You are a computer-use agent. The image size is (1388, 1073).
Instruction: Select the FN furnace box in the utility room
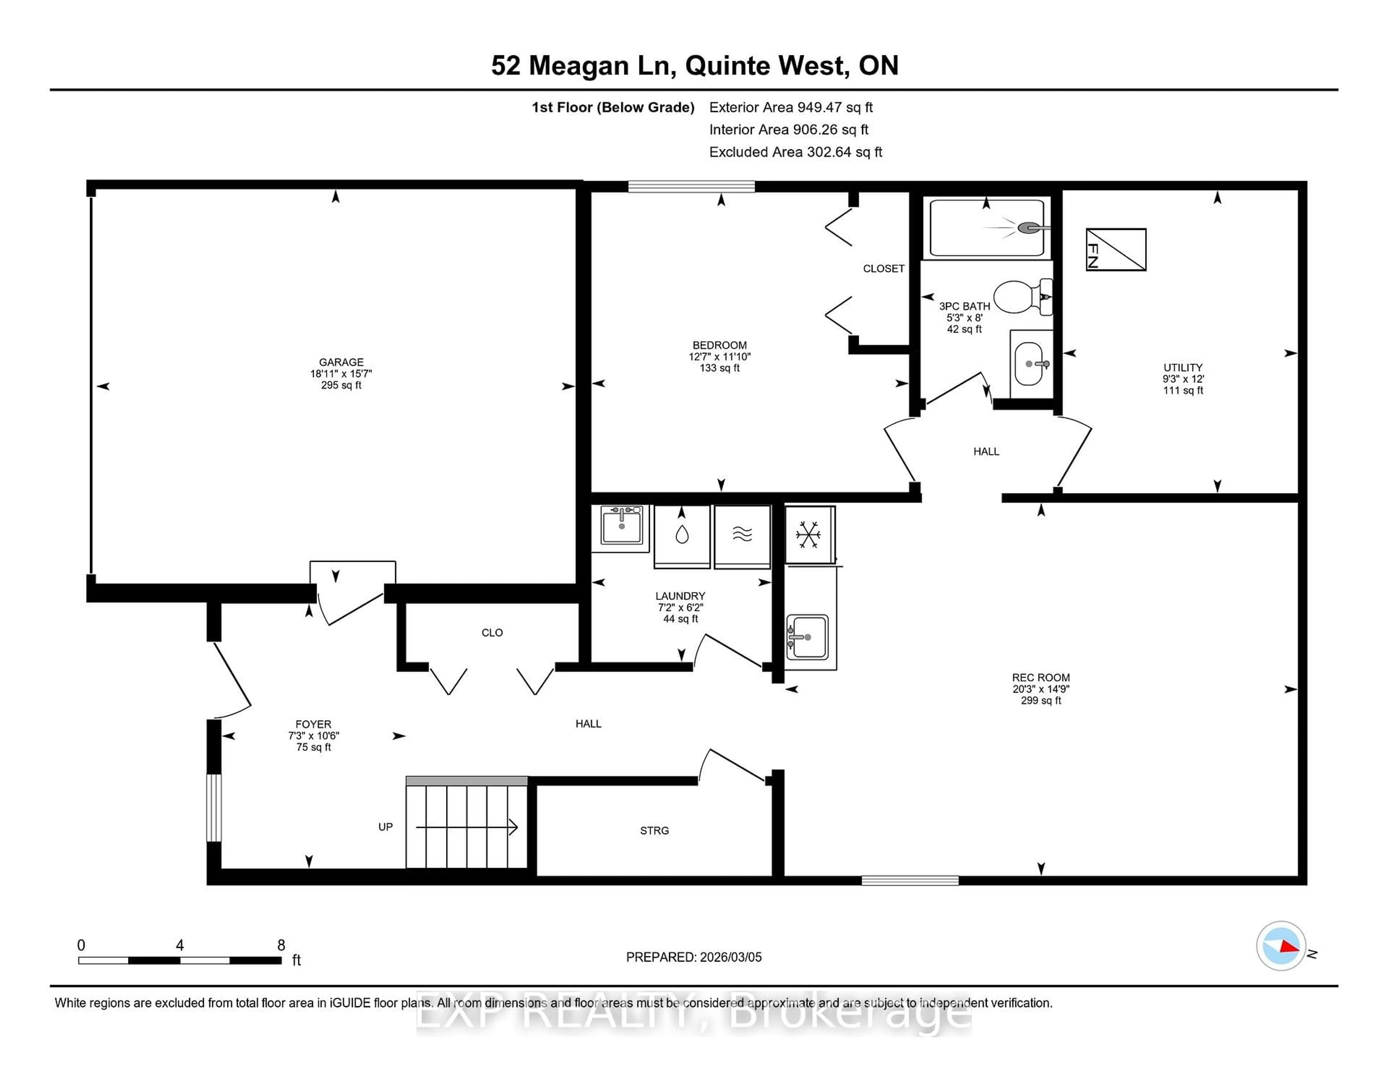pyautogui.click(x=1115, y=249)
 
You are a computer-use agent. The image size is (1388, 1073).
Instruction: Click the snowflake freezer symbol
pyautogui.click(x=808, y=535)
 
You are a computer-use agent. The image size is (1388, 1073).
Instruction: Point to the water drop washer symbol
pyautogui.click(x=682, y=535)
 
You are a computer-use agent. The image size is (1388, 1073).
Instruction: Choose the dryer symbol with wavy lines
pyautogui.click(x=742, y=535)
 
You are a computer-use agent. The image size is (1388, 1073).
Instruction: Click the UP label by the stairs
pyautogui.click(x=385, y=826)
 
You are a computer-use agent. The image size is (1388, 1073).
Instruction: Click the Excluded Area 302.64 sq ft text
pyautogui.click(x=795, y=152)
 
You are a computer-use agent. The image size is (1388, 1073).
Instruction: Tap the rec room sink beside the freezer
pyautogui.click(x=807, y=636)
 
